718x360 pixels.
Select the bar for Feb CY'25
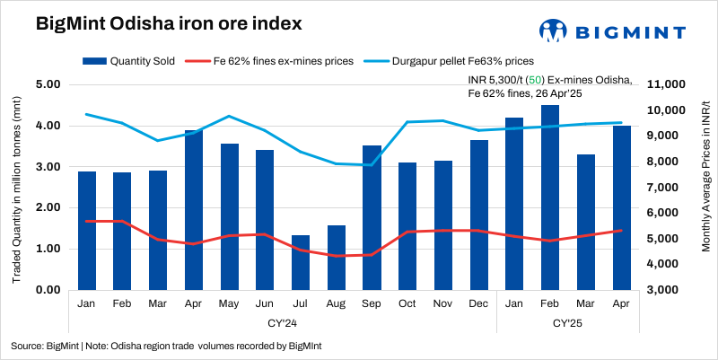coord(549,198)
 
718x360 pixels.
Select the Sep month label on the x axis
coord(372,305)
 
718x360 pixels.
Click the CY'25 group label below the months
coord(567,321)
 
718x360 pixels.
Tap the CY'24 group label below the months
coord(283,321)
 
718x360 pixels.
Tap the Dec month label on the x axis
coord(478,305)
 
